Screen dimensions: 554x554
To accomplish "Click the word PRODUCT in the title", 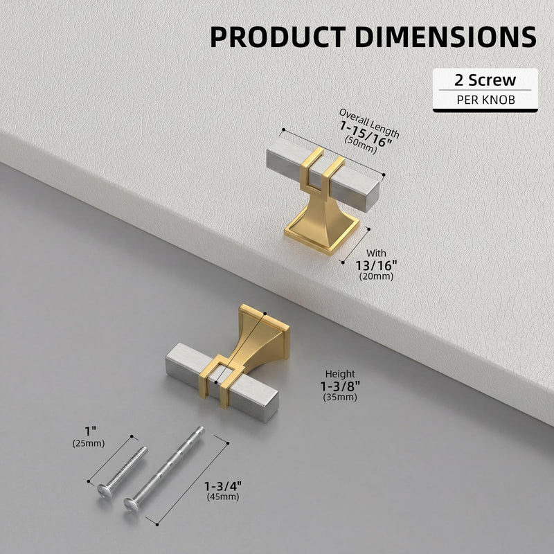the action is (x=278, y=37).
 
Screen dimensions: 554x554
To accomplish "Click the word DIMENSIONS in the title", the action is (x=446, y=37).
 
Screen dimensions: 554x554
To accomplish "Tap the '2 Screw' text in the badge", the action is (x=485, y=80).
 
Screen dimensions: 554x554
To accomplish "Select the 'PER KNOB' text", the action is (x=486, y=100).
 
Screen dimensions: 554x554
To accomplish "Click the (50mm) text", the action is (x=360, y=145).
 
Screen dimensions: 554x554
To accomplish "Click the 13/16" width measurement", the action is (x=376, y=265).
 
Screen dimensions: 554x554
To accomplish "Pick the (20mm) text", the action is (x=376, y=276).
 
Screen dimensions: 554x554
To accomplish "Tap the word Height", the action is (x=340, y=374).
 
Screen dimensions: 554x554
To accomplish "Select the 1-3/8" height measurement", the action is (x=340, y=386).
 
